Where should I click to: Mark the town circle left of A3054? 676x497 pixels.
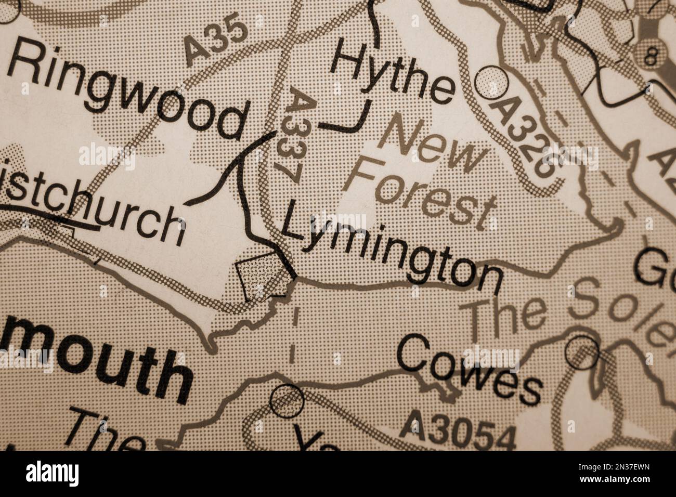point(287,399)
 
